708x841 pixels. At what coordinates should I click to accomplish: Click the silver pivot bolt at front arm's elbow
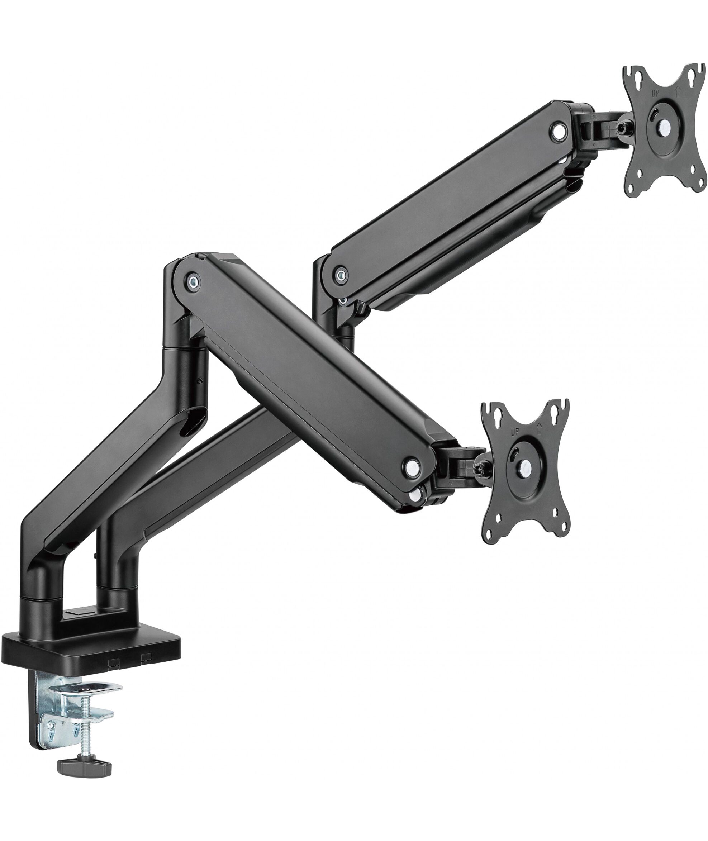(x=193, y=280)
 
